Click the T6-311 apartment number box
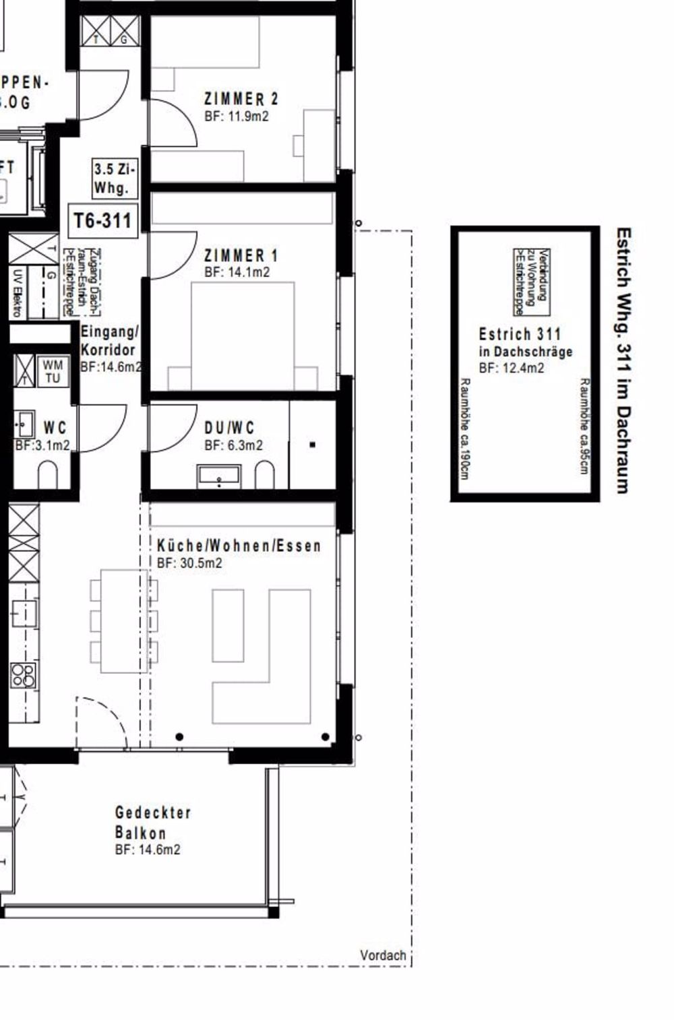tap(103, 220)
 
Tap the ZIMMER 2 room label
tap(241, 99)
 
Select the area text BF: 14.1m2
tap(237, 272)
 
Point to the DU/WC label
tap(229, 428)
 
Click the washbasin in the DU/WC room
tap(219, 475)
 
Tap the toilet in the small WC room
tap(49, 475)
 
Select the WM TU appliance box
tap(53, 371)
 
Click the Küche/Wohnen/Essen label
tap(239, 545)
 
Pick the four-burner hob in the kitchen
tap(24, 674)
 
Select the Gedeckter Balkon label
tap(152, 823)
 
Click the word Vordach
tap(383, 955)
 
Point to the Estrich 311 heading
tap(519, 333)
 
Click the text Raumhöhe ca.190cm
tap(464, 428)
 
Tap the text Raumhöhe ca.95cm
tap(584, 426)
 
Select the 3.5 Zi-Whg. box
tap(113, 179)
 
